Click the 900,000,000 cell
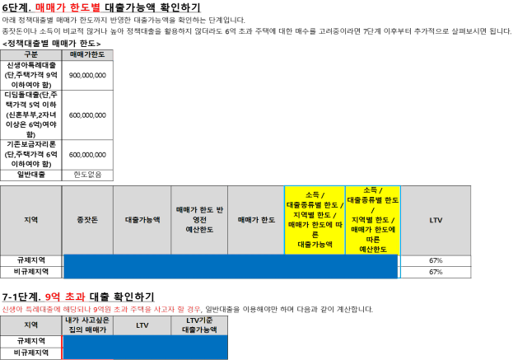pos(87,75)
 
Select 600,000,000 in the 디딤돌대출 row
pos(87,115)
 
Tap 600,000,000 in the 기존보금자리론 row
pos(87,155)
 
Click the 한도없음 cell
pos(87,175)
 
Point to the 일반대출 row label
pos(31,175)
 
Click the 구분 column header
pos(31,54)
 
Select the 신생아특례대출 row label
pos(31,75)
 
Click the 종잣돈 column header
pos(87,220)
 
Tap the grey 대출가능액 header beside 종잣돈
pos(142,220)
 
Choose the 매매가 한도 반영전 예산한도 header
pos(199,220)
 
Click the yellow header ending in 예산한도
pos(373,220)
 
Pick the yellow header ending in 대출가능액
pos(315,220)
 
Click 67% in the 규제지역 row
pos(436,260)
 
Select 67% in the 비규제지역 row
pos(436,272)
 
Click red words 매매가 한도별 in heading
pos(68,7)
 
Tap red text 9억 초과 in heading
pos(65,297)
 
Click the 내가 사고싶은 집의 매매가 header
pos(87,325)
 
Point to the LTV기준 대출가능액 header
pos(199,325)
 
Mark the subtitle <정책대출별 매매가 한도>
pos(51,44)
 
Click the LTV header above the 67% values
pos(436,220)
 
